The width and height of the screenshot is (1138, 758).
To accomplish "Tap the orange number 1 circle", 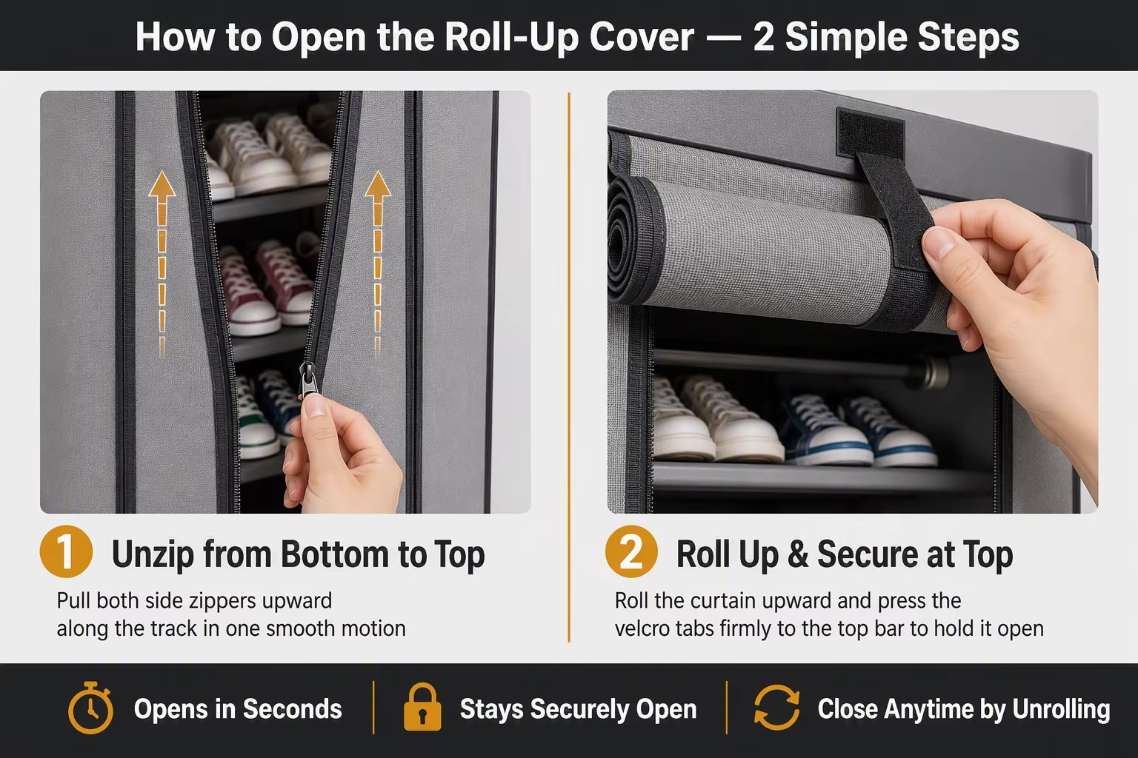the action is coord(66,551).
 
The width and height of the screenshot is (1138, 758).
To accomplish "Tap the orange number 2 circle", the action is coord(631,551).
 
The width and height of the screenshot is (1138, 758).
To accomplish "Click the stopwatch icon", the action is coord(90,708).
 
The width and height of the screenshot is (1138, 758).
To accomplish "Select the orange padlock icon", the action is coord(422,708).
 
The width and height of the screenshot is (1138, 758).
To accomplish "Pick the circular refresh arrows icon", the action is coord(776,708).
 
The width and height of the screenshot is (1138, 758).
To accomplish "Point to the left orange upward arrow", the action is coord(162,264).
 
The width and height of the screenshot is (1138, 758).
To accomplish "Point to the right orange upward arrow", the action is coord(377,264).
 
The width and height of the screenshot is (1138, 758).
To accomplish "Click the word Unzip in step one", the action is coord(153,555).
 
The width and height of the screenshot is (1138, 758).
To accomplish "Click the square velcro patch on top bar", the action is coord(870,132).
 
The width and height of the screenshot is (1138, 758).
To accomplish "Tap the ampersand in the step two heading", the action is coord(798,554).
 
